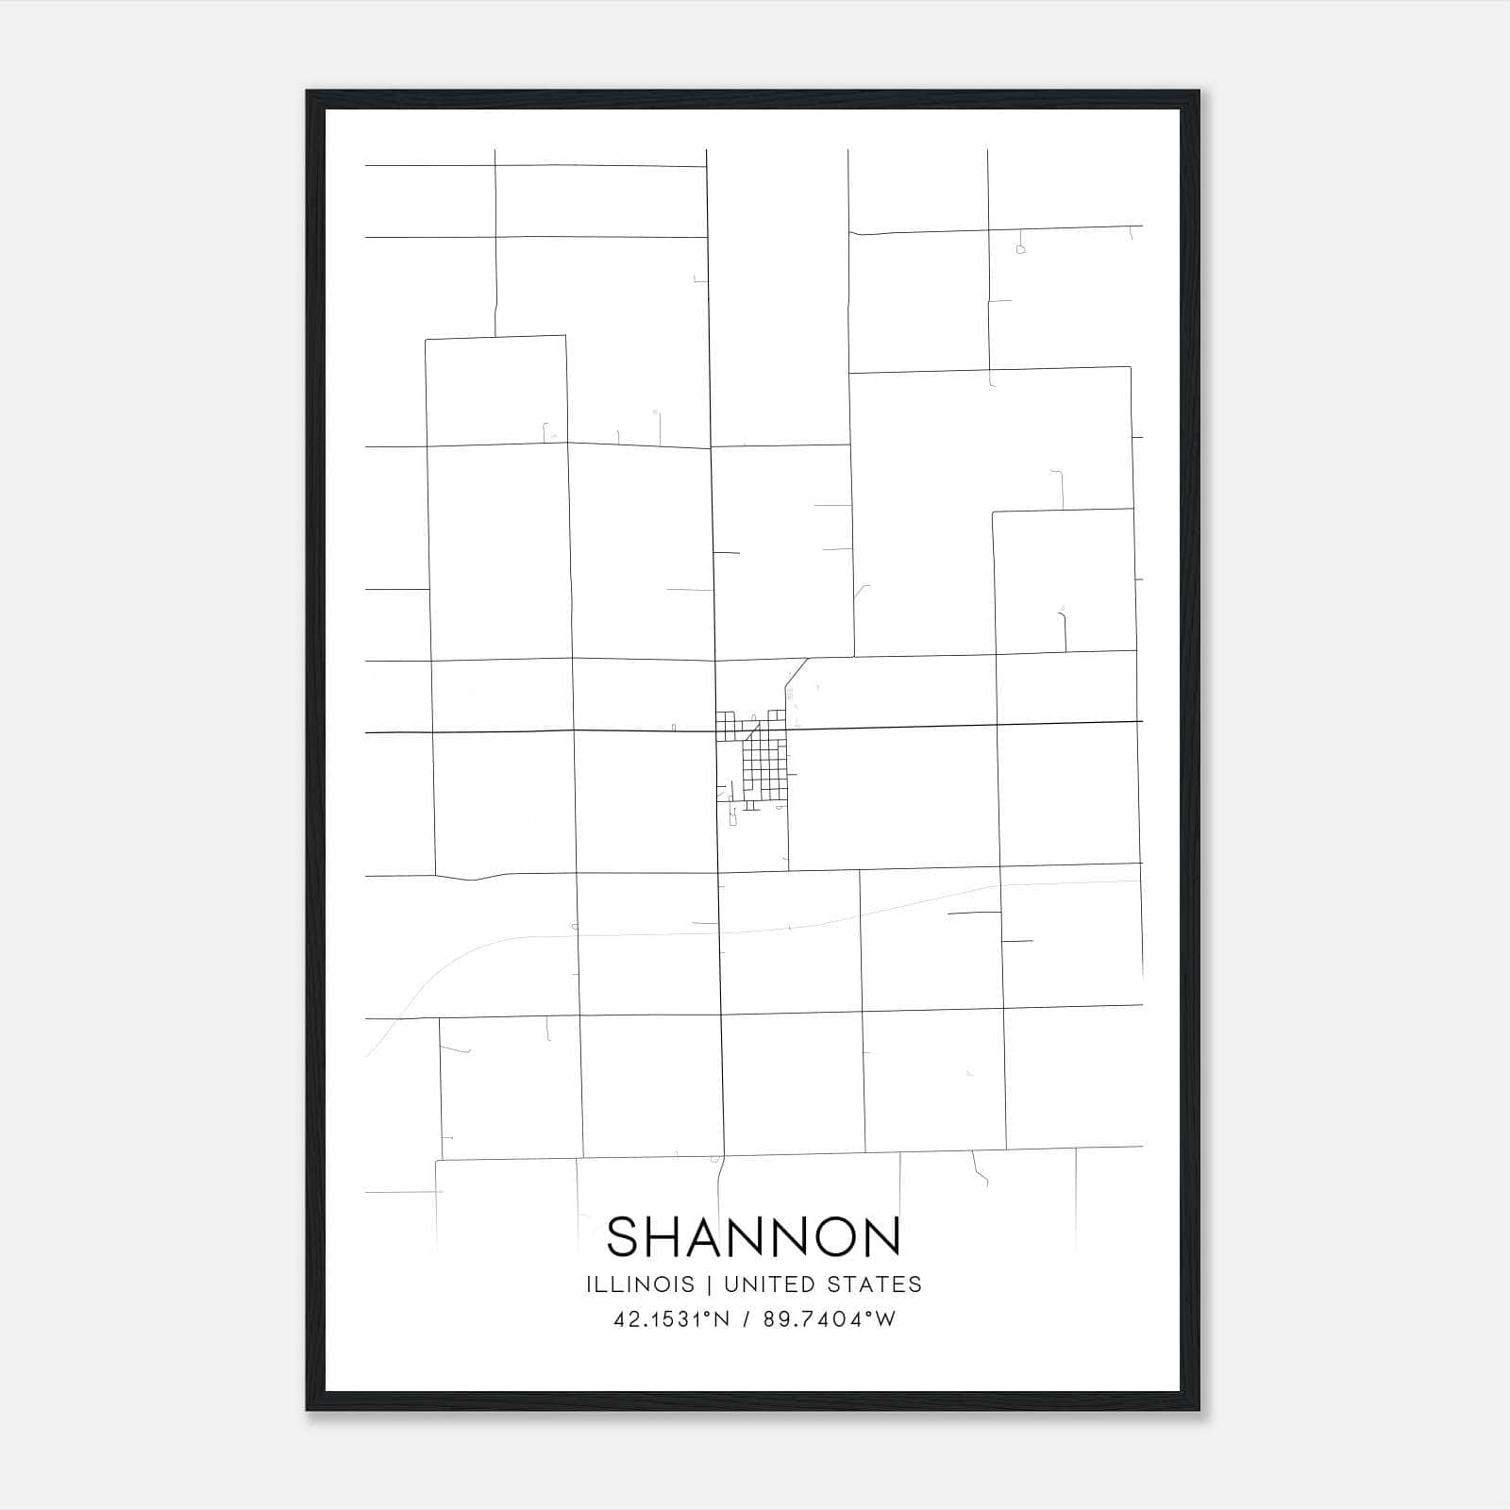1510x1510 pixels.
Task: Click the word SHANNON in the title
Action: click(x=753, y=1236)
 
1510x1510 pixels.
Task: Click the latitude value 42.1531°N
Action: click(x=672, y=1319)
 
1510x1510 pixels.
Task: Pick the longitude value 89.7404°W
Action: click(x=830, y=1319)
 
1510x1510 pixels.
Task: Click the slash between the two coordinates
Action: click(x=747, y=1319)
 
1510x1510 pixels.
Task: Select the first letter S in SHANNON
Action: click(x=623, y=1236)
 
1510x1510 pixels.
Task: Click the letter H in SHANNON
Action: click(x=664, y=1236)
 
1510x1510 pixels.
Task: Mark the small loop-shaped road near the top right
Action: click(x=1020, y=249)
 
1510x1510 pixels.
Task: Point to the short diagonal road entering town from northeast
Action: click(x=797, y=672)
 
